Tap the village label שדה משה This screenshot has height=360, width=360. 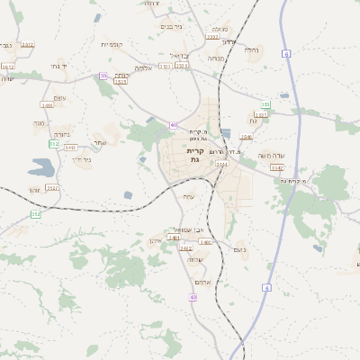271,156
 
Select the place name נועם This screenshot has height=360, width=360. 239,249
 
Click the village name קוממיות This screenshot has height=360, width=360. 111,44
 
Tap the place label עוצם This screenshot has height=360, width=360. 60,97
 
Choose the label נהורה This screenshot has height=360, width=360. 40,122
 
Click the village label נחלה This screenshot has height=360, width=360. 251,50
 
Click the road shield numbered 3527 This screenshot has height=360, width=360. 52,187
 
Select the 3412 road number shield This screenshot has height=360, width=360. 28,44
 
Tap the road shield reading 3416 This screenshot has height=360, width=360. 47,105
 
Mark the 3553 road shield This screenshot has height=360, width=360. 212,37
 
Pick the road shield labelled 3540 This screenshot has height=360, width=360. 247,137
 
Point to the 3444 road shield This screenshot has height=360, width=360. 221,165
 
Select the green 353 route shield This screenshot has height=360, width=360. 36,214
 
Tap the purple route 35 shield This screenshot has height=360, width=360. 103,76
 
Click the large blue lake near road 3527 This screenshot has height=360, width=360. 41,167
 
